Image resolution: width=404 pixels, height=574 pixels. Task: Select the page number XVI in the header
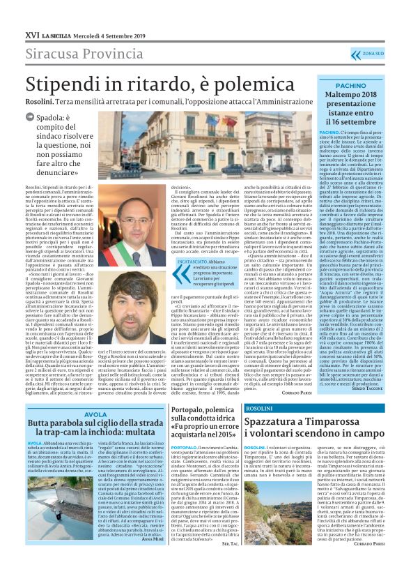(x=31, y=33)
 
